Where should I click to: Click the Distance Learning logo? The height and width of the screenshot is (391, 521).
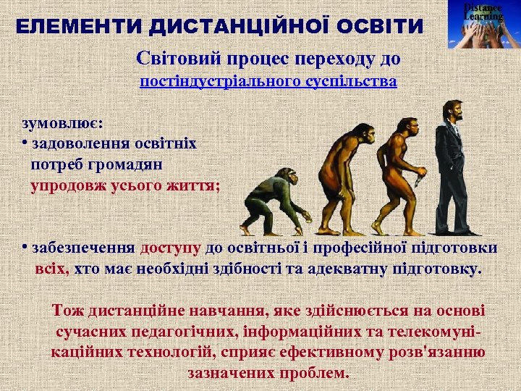click(x=483, y=25)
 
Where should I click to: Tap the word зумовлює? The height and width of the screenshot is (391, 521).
click(x=62, y=117)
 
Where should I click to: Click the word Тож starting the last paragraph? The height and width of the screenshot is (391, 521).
click(x=68, y=311)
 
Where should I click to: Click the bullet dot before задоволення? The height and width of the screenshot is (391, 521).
click(x=25, y=140)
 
